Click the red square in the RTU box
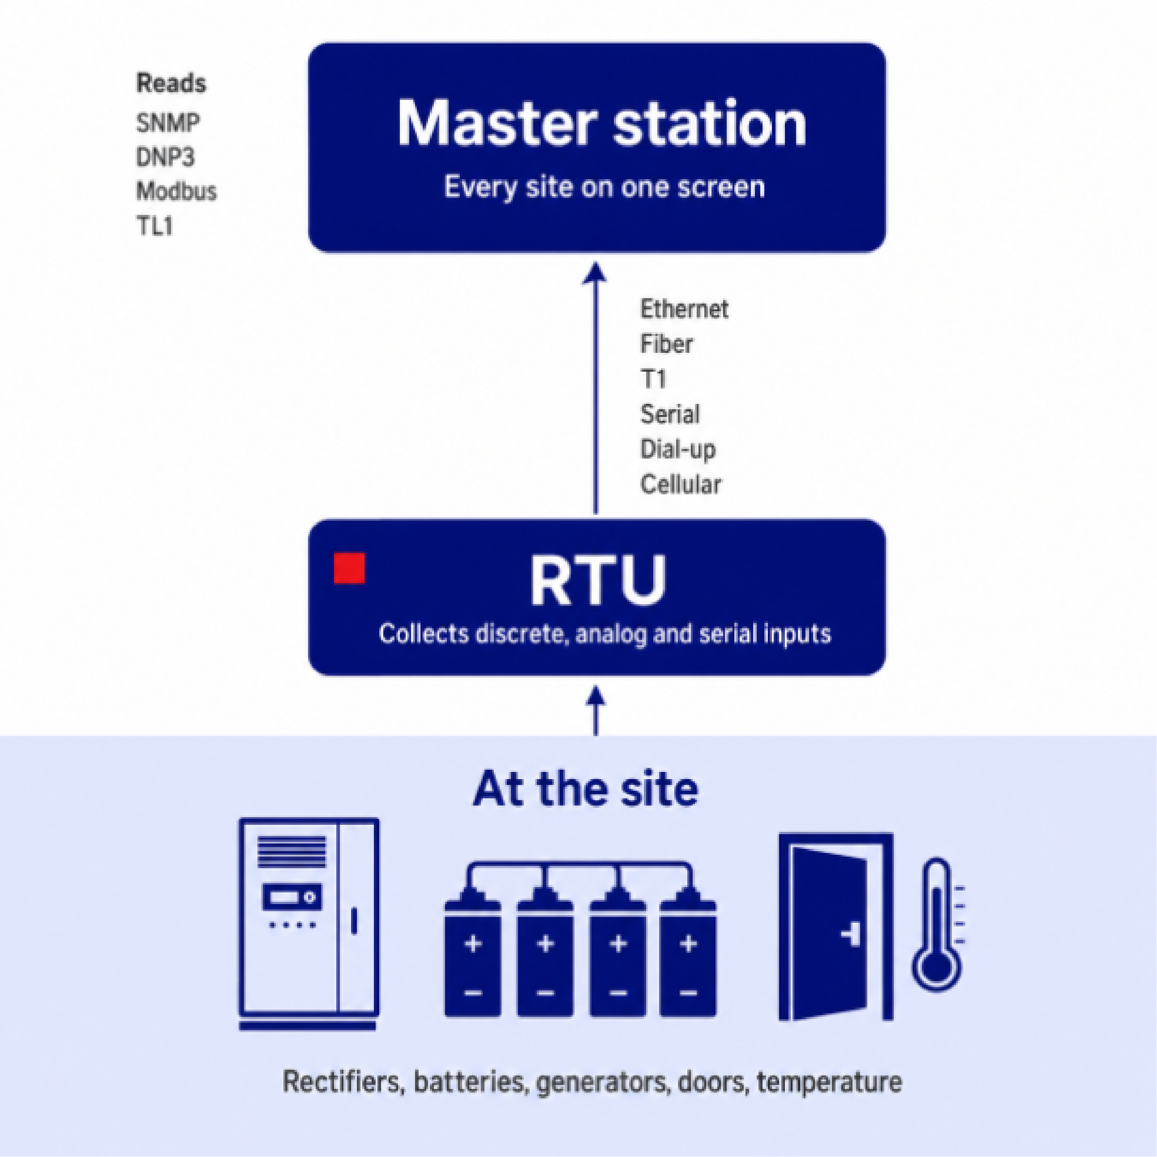tap(349, 568)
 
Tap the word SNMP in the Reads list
tap(167, 123)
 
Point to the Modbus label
tap(176, 192)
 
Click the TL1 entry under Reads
tap(154, 227)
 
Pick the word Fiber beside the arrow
tap(667, 344)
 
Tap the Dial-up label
tap(678, 450)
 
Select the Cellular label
tap(681, 484)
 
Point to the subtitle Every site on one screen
tap(605, 187)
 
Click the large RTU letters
tap(598, 580)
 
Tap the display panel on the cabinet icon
tap(291, 897)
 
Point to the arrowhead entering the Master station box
tap(595, 273)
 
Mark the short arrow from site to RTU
tap(595, 711)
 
